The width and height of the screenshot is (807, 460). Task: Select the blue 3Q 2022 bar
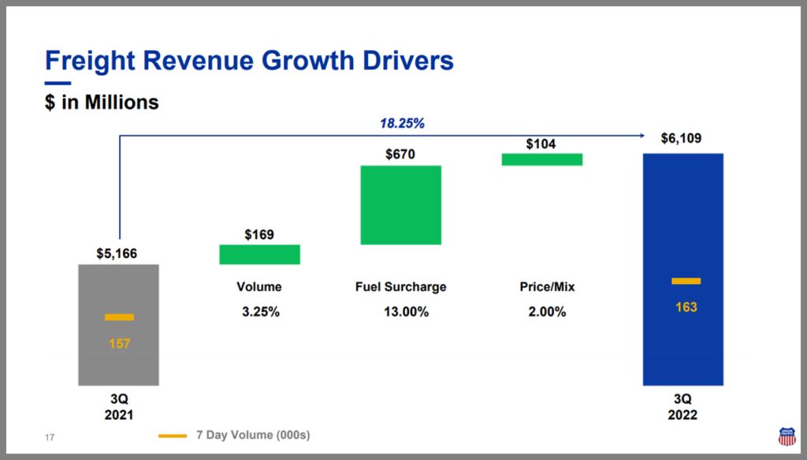coord(683,237)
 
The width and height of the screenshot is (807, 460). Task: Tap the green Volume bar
coord(259,254)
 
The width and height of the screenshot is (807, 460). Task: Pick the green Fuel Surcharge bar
coord(400,205)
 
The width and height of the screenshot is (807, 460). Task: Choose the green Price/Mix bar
coord(541,159)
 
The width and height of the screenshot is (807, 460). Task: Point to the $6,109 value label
coord(682,139)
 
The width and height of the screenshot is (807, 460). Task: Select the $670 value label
coord(400,155)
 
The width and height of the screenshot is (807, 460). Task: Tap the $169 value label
coord(259,234)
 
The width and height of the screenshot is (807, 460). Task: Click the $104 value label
coord(541,144)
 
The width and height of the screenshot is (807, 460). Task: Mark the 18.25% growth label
coord(403,124)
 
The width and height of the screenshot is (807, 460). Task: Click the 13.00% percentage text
coord(400,312)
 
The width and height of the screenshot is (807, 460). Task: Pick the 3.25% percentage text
coord(260,312)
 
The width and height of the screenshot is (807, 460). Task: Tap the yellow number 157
coord(119,344)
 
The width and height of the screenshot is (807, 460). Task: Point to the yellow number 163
coord(686,307)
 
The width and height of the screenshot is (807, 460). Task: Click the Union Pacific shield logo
coord(787,436)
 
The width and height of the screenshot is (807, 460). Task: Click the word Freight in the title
coord(87,61)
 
